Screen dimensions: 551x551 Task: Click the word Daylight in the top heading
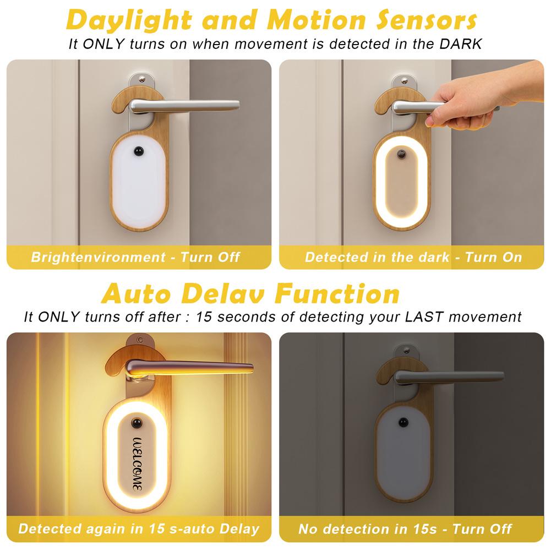click(129, 20)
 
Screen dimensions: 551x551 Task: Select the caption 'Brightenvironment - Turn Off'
click(135, 257)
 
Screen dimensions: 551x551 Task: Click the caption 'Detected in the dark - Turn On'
click(413, 257)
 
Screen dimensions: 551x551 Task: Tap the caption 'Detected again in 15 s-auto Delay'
click(138, 529)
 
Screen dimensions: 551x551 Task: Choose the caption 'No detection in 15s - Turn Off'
click(406, 529)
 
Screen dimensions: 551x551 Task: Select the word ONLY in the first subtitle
click(104, 45)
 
